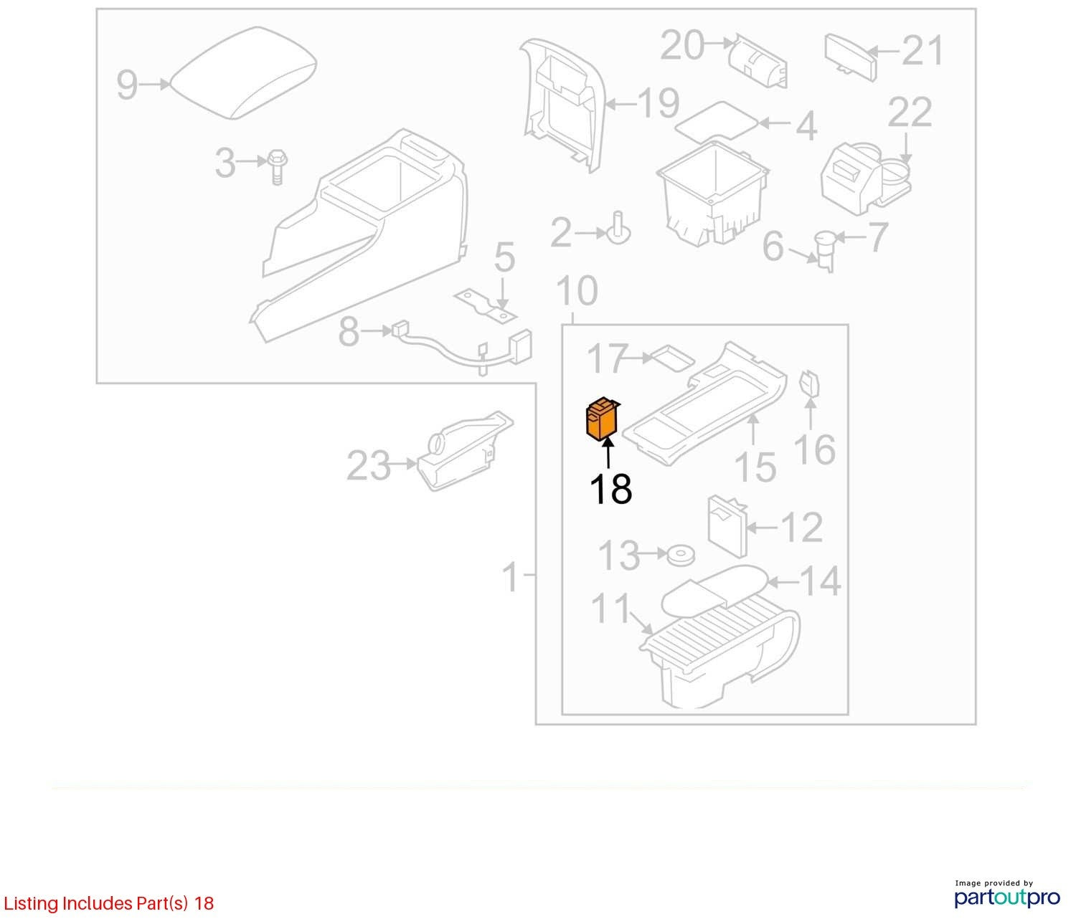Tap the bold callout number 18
click(610, 489)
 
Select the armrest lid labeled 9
click(244, 72)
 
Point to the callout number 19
click(659, 103)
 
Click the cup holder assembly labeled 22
click(867, 177)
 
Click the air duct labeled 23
click(465, 451)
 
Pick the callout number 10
click(577, 290)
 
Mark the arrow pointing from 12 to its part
click(762, 528)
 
